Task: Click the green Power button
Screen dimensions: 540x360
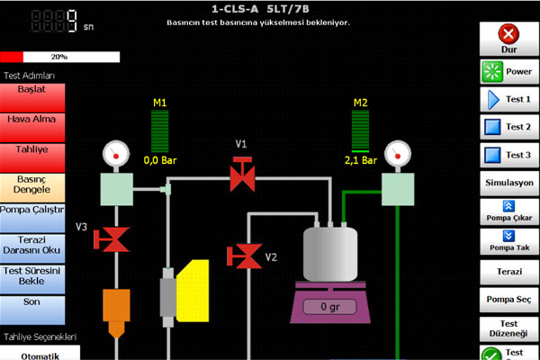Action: [509, 72]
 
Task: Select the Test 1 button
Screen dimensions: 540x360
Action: [509, 100]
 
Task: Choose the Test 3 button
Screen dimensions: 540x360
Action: [509, 155]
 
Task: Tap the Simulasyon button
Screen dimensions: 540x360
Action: [509, 183]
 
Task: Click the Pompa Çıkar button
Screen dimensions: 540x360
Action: [509, 211]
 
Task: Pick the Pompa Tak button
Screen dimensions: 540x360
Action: [509, 241]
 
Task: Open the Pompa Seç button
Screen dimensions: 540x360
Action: [509, 300]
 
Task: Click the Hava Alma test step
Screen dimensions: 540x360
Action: [32, 128]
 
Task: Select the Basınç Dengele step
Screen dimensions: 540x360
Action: [32, 187]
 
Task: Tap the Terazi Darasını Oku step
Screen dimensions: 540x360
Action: [32, 248]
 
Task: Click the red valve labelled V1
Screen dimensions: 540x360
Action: [242, 175]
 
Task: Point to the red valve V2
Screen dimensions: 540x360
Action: [244, 256]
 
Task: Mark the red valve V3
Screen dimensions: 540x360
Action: [112, 239]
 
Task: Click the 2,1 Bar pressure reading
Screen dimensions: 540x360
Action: [361, 160]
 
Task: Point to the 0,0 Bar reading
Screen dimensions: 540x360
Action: [160, 160]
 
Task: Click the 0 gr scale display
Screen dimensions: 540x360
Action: [330, 307]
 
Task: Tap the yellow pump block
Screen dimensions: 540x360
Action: [193, 291]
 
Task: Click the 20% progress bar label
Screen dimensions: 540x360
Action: [59, 57]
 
